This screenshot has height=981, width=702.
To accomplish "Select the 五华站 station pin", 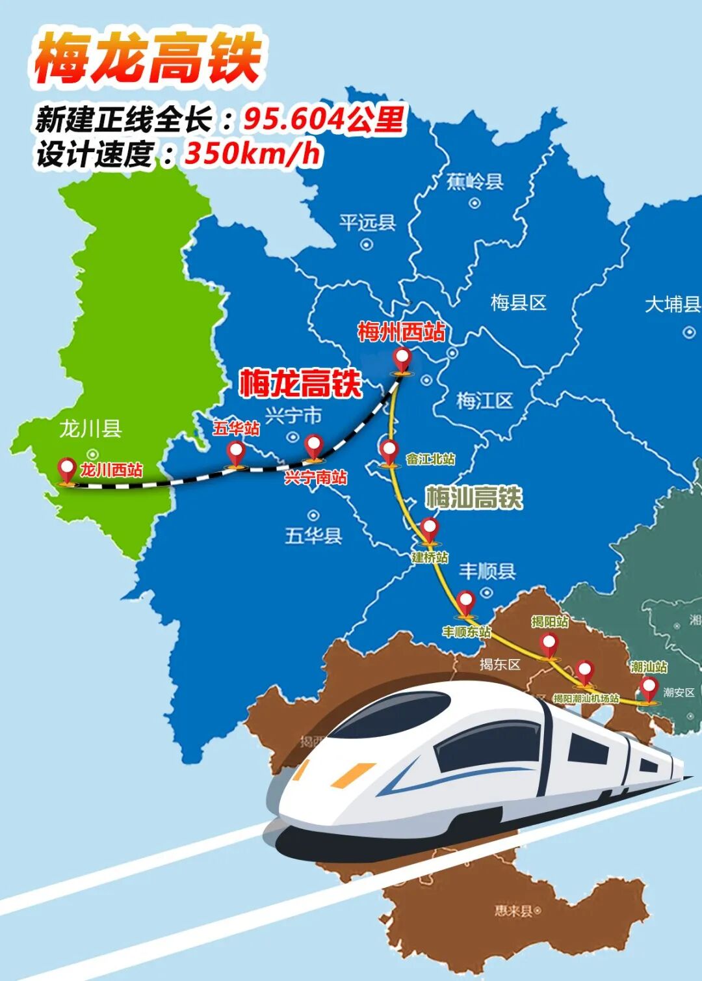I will point(235,453).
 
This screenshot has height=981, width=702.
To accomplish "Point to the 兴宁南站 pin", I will point(314,447).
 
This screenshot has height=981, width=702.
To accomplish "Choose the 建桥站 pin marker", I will point(429,530).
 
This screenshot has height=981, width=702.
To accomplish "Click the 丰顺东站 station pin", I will point(465,602).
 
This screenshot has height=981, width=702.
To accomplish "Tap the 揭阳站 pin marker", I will point(549,645).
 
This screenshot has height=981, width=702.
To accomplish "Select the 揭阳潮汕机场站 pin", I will point(585,672).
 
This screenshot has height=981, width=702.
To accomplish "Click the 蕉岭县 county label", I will point(475,181).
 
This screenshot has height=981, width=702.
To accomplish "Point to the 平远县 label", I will point(367,223).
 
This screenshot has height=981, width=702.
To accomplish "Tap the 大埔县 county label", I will point(672,304).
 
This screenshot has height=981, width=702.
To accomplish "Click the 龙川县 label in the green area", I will point(90,429).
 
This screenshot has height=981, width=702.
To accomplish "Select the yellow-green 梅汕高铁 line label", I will point(474,498).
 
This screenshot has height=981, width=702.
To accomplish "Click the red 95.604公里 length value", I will point(324,119).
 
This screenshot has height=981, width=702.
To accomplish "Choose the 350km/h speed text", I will point(253,154).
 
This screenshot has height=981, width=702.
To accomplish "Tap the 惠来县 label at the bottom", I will point(514,911).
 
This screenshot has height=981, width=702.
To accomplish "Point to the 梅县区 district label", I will point(518,302).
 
